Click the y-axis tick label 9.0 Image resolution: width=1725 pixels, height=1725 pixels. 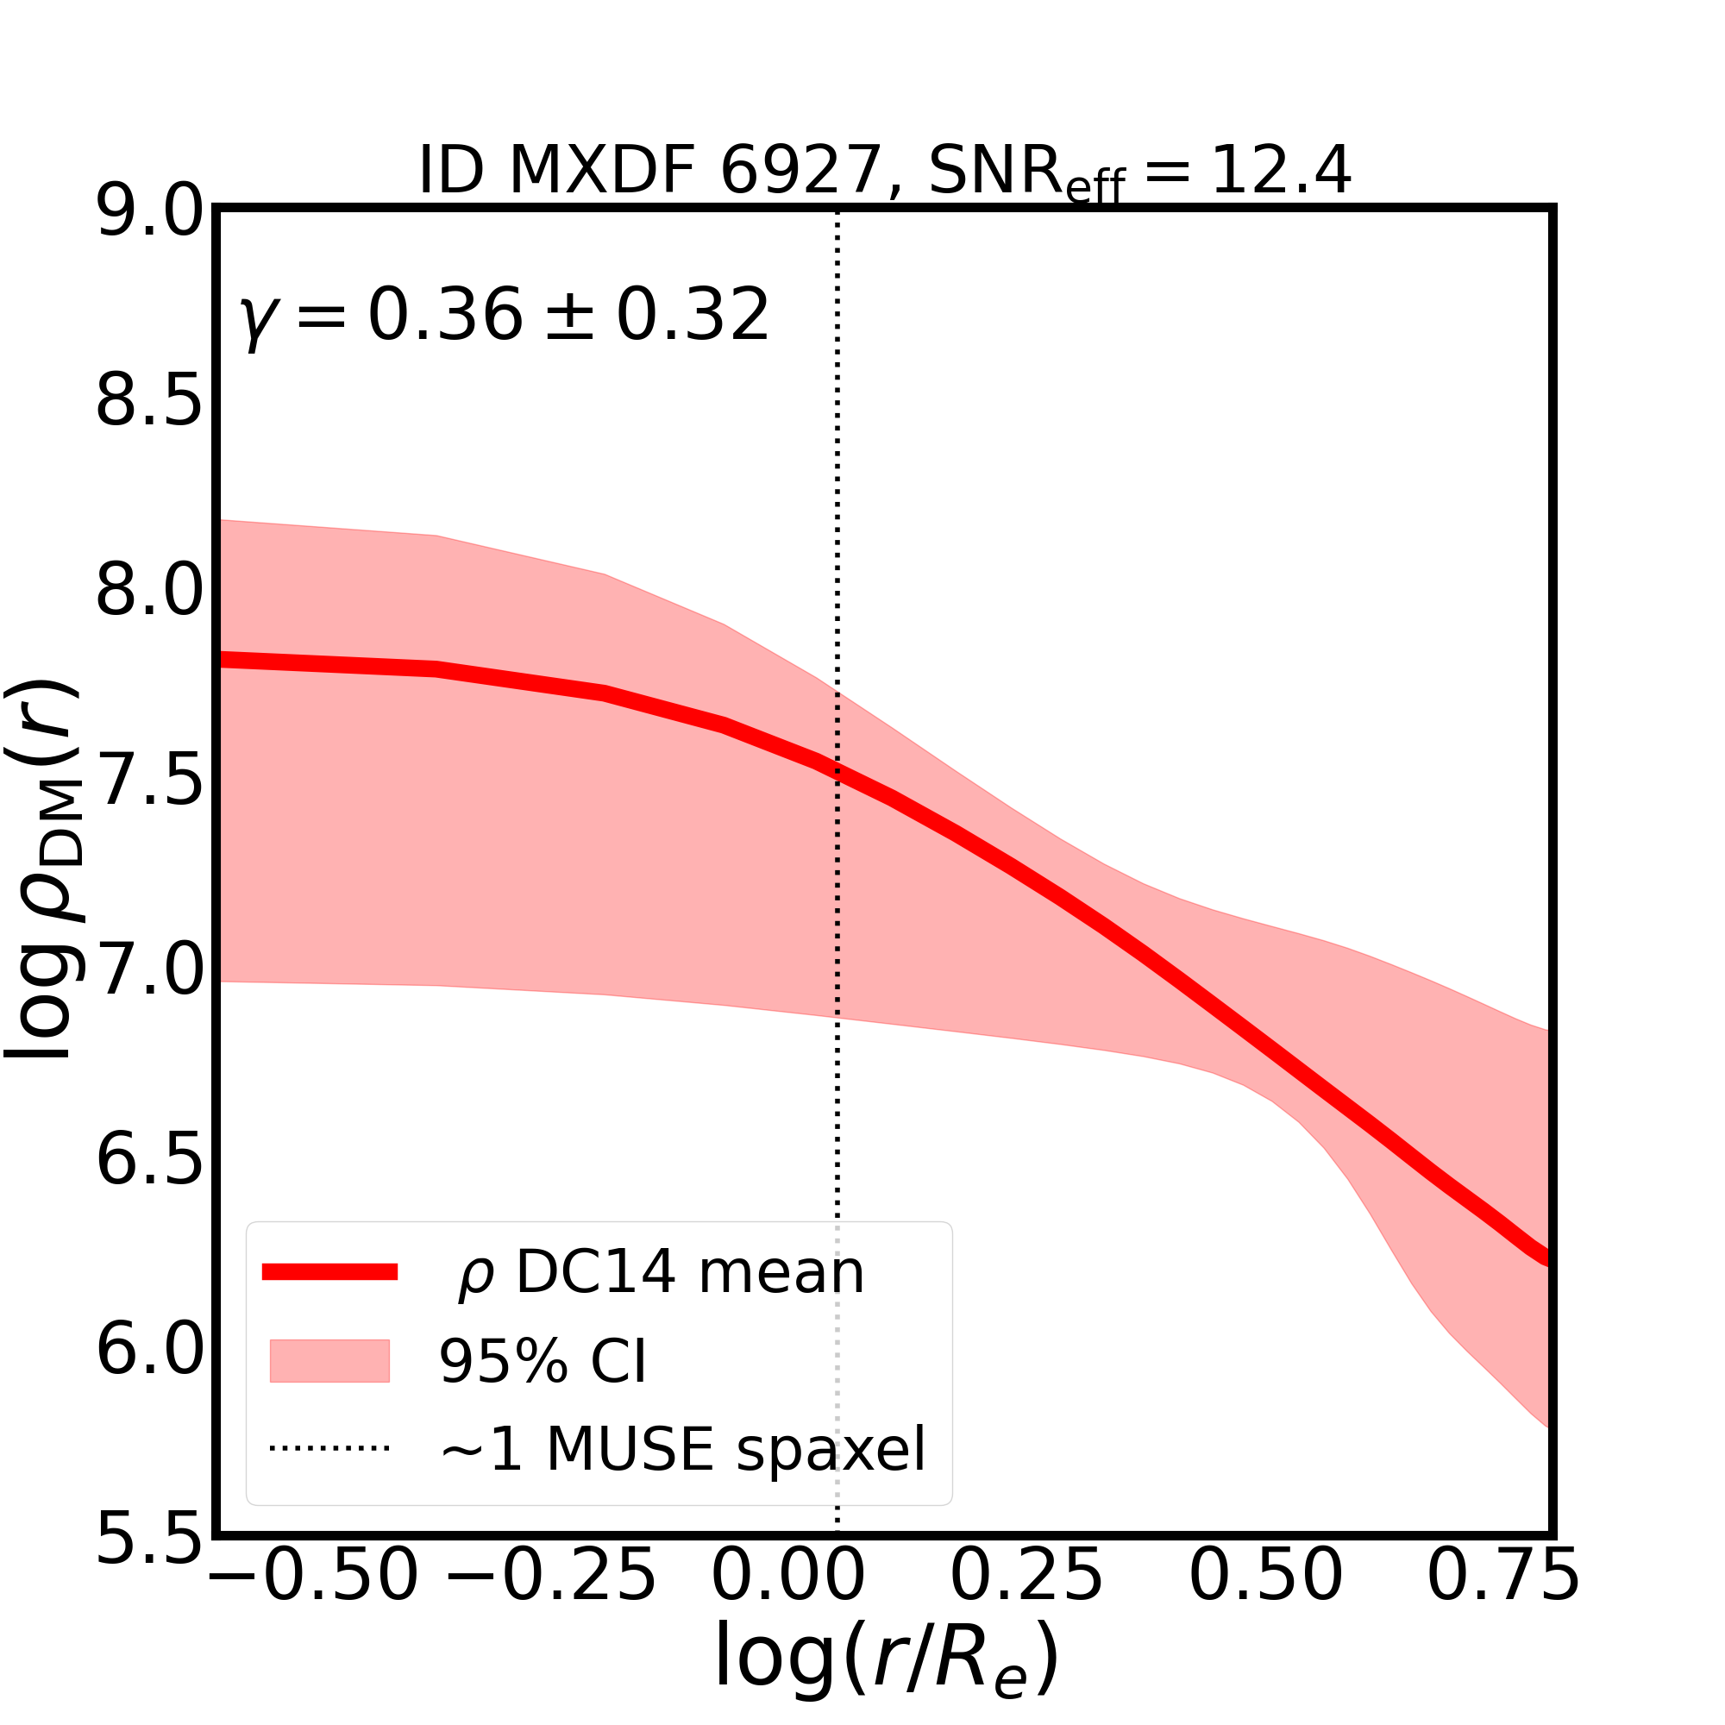coord(149,212)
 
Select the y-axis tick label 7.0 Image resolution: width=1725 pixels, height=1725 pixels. coord(149,970)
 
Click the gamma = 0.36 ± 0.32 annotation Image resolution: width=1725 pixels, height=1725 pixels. coord(505,316)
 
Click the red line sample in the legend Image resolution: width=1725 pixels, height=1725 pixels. coord(329,1272)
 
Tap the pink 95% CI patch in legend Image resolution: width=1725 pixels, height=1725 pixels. coord(329,1361)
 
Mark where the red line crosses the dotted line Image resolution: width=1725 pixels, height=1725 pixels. coord(837,770)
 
